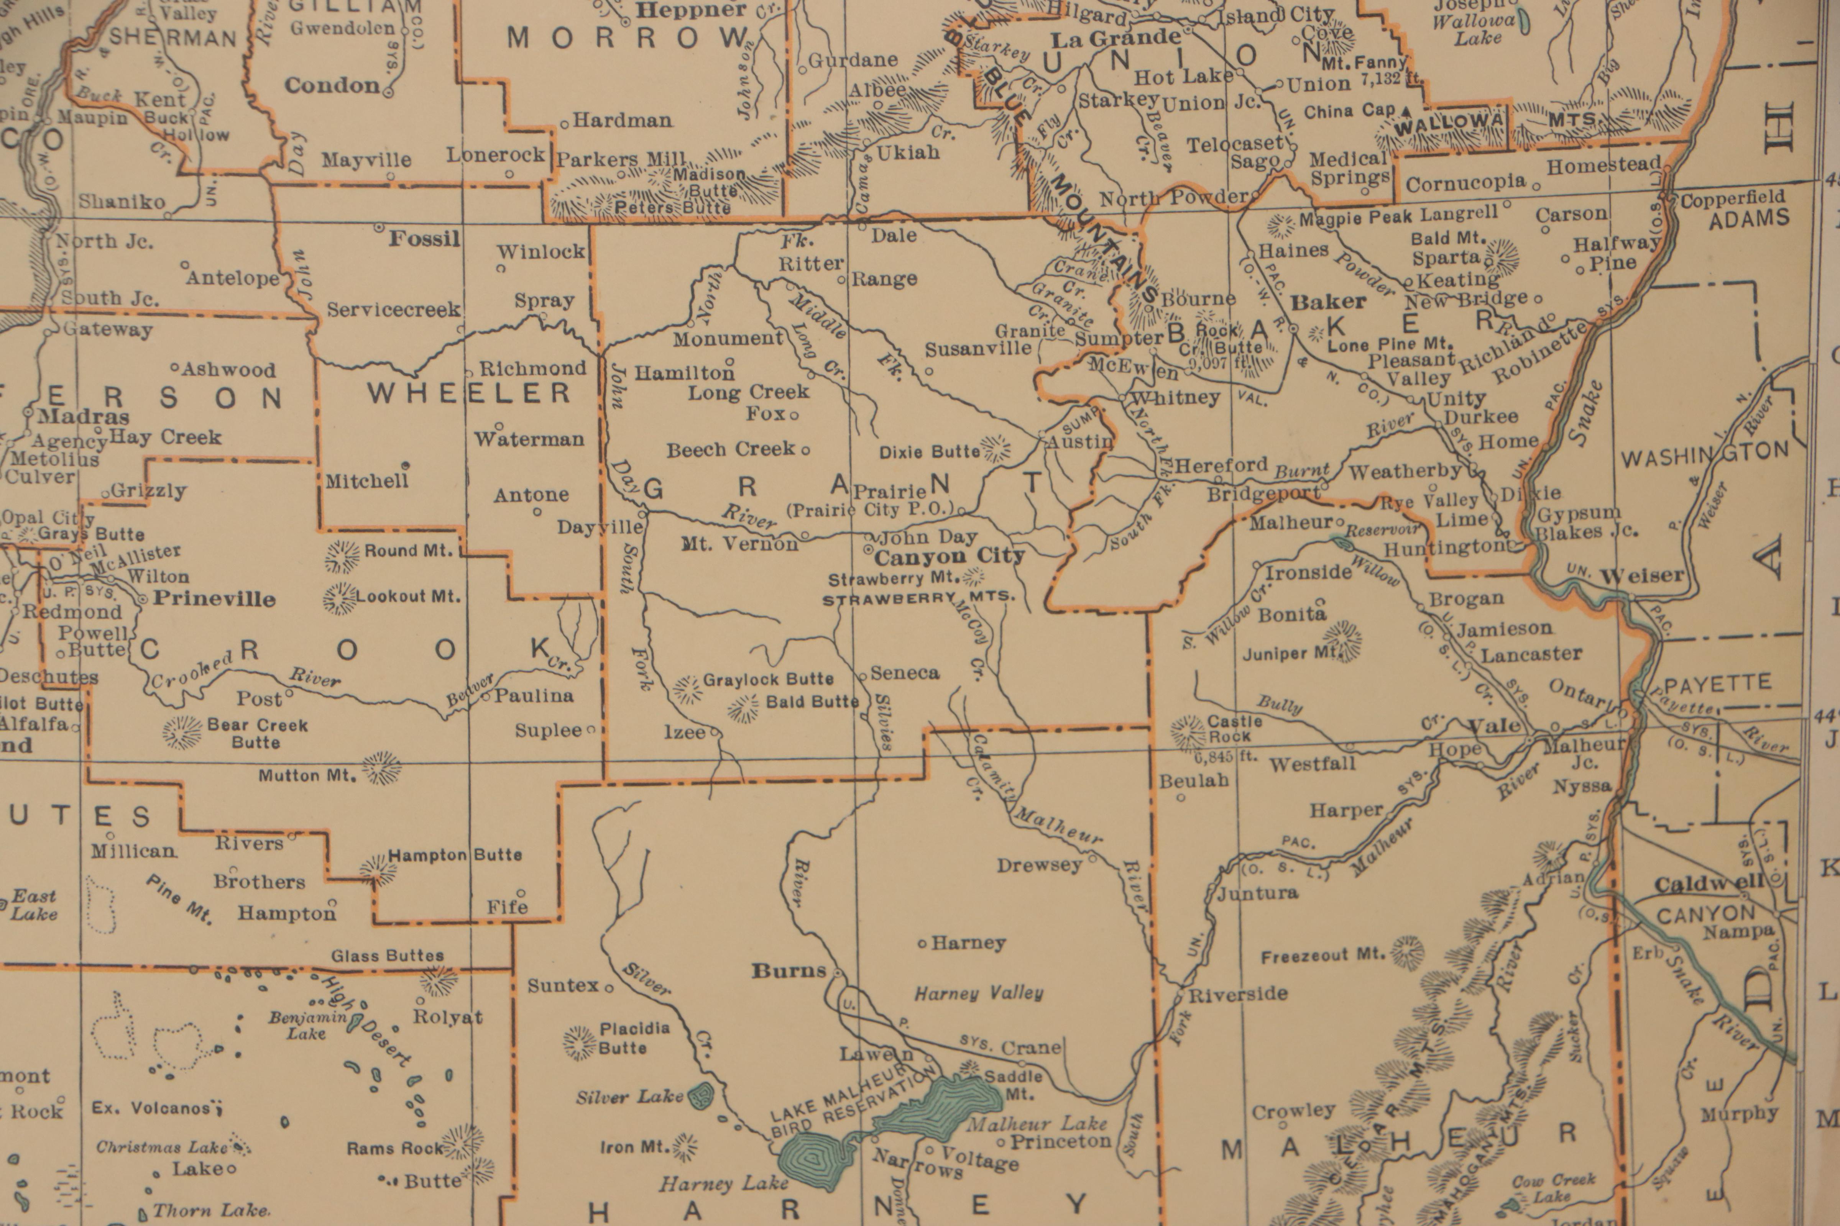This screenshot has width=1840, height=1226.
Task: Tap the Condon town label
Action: [332, 85]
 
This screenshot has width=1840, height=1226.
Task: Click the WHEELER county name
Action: [469, 393]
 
